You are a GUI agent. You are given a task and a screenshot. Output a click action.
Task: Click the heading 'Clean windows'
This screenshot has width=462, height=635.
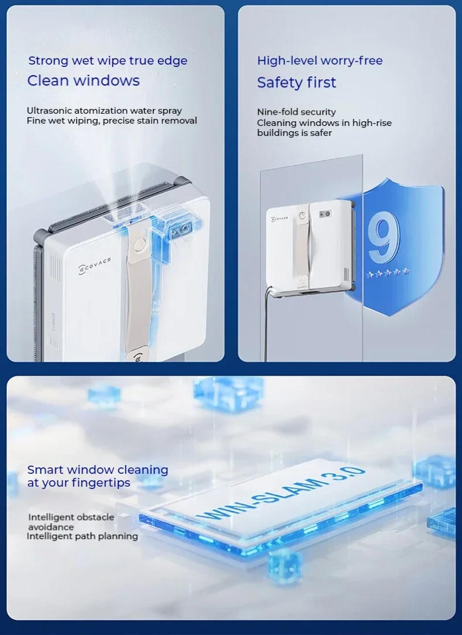point(83,80)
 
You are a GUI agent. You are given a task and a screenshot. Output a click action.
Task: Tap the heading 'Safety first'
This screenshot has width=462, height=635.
point(296,83)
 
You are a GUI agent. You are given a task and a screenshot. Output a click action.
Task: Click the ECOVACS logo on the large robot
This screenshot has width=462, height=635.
point(95,264)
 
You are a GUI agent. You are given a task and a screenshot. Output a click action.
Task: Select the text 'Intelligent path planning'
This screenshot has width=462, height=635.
point(82,536)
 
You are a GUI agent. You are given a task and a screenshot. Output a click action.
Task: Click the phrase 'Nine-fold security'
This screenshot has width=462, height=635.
point(296,112)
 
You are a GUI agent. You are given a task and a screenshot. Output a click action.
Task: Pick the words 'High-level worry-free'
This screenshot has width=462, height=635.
point(320,61)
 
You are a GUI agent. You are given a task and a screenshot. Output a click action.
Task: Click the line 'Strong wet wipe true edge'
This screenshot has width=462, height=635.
point(107,61)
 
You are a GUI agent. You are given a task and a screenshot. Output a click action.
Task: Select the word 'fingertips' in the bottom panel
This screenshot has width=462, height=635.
point(102,483)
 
